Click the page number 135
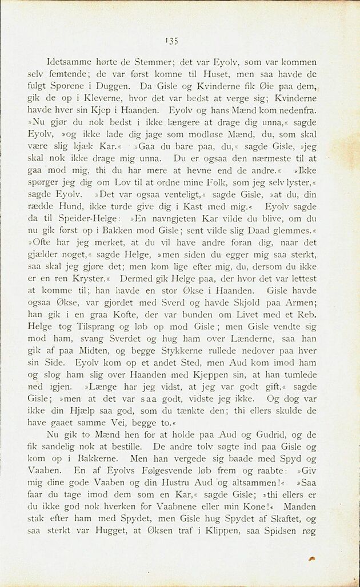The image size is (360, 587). pyautogui.click(x=172, y=40)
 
